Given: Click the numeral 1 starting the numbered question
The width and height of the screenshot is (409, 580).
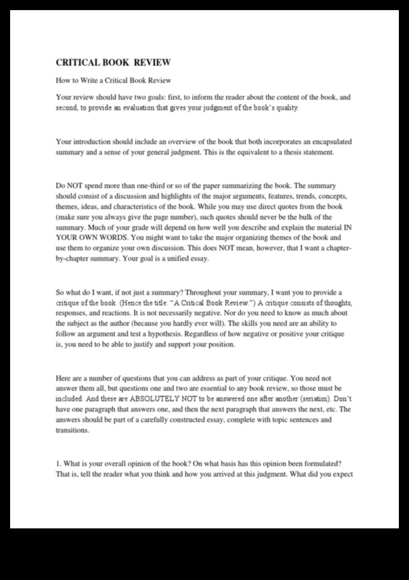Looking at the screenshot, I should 58,464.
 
